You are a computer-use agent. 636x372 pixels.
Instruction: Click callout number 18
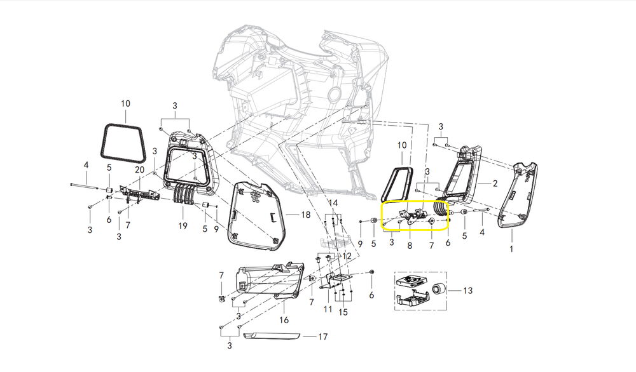tap(305, 214)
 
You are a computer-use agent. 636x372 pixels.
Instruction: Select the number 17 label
tap(322, 337)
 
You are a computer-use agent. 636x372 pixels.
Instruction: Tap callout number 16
tap(284, 320)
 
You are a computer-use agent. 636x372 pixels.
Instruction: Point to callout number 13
tap(467, 291)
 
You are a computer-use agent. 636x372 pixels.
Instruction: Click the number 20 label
tap(139, 170)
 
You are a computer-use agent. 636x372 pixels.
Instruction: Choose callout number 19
tap(183, 226)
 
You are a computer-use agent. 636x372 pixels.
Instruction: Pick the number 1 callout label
tap(511, 249)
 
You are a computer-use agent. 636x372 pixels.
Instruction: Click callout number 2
tap(495, 183)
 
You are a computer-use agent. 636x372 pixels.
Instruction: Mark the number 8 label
tap(410, 246)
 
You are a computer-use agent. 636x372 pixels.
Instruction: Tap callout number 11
tap(328, 310)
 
